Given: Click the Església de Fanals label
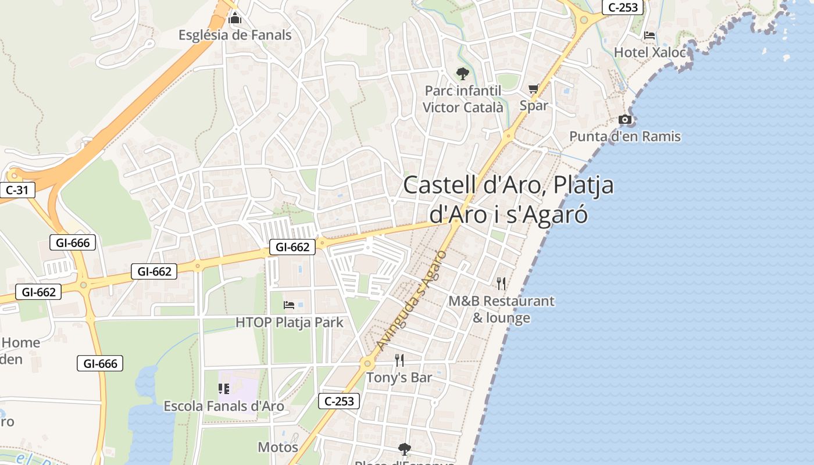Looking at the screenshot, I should (x=235, y=35).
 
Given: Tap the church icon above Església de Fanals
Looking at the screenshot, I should (x=235, y=19).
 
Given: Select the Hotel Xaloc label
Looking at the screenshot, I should (x=650, y=52).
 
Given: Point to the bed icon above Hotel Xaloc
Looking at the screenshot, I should (x=649, y=35).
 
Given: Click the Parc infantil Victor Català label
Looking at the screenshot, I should (x=463, y=99).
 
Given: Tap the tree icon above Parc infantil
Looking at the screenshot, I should (x=463, y=74).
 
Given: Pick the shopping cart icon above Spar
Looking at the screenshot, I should (x=534, y=89).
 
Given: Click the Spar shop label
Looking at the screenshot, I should (x=534, y=105).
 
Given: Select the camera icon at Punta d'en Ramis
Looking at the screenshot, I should (x=625, y=120).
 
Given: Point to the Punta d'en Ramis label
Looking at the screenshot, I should (x=625, y=137).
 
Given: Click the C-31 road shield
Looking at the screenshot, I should (x=17, y=189).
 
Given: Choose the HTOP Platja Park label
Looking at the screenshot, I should (x=290, y=322).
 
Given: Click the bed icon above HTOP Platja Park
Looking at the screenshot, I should (x=289, y=305).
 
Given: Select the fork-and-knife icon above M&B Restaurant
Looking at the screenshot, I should (x=501, y=284).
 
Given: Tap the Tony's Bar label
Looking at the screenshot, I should (x=399, y=378).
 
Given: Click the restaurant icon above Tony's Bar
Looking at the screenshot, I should (x=399, y=360).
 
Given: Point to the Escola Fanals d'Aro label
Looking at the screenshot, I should (x=224, y=406).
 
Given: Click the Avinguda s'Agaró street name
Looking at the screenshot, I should (x=411, y=301).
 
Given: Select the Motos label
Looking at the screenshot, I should (x=278, y=447).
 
